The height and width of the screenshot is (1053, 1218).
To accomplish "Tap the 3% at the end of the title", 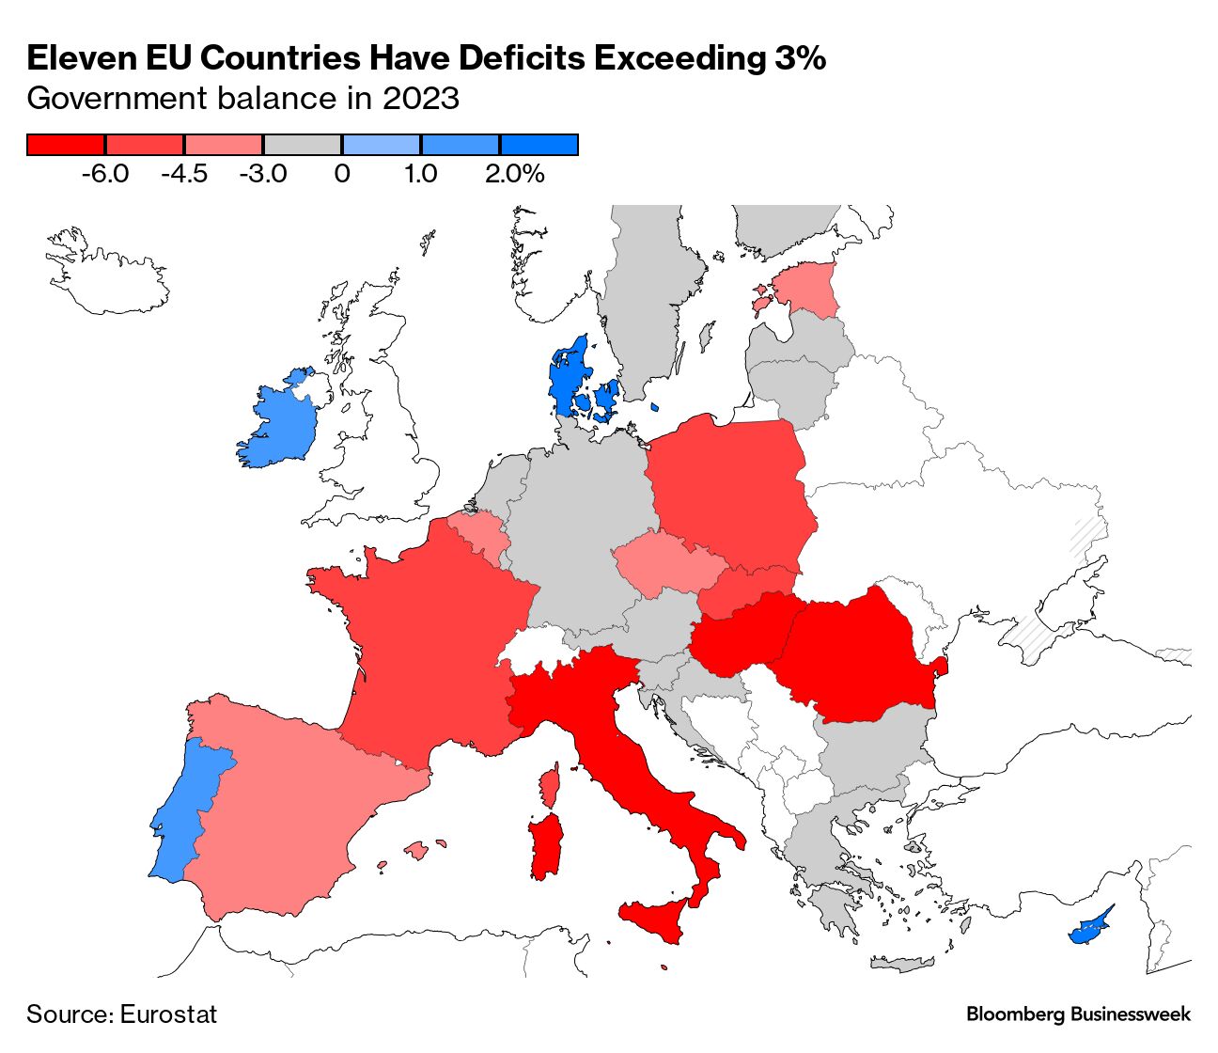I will [800, 58].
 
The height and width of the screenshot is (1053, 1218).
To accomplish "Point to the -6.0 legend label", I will [105, 174].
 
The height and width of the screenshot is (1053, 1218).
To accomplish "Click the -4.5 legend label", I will [184, 174].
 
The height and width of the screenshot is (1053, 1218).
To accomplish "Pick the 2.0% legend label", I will [514, 174].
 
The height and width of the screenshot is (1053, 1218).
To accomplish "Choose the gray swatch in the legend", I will [302, 145].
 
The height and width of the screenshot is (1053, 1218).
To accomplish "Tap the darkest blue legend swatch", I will [539, 145].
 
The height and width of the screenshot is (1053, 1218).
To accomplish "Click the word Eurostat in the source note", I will [168, 1014].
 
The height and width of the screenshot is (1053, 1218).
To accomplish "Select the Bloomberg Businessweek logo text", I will [1078, 1014].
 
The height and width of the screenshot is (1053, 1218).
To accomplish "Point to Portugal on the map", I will [188, 809].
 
